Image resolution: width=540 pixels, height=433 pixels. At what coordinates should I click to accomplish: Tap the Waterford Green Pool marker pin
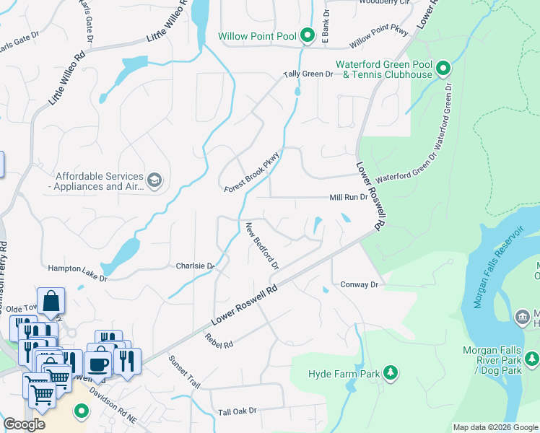[443, 69]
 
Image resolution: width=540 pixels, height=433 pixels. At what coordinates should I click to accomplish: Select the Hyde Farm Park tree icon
[391, 372]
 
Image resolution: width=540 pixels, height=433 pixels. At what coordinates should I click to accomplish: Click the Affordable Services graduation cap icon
[154, 180]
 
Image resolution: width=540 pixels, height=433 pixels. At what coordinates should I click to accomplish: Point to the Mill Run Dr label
[349, 197]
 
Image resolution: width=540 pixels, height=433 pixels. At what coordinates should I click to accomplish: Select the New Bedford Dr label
[262, 245]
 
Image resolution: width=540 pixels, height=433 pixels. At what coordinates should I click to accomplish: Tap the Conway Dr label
[359, 285]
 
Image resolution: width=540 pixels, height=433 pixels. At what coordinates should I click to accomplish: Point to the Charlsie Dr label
[196, 266]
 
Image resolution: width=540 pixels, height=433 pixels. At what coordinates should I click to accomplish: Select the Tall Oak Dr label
[238, 411]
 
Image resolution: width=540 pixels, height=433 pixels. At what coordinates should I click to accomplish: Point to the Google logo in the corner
[24, 424]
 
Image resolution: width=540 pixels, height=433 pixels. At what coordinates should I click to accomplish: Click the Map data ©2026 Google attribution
[495, 427]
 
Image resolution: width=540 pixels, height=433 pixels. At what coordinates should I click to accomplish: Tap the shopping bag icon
[51, 302]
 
